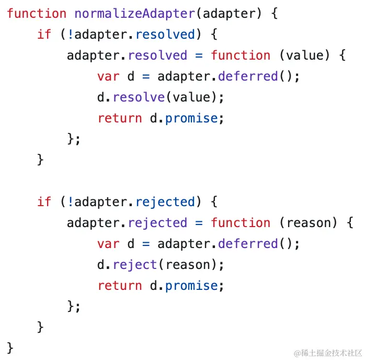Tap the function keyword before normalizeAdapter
(x=37, y=14)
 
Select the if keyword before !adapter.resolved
(x=44, y=35)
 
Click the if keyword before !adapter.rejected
(x=44, y=202)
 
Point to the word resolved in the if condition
(x=165, y=35)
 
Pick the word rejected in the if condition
(x=165, y=202)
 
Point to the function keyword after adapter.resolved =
(x=241, y=55)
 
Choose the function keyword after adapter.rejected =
(x=241, y=223)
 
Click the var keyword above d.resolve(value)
(x=108, y=76)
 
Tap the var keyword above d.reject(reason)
(x=108, y=244)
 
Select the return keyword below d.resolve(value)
(x=120, y=118)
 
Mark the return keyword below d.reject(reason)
(x=120, y=286)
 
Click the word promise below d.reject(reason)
(x=191, y=286)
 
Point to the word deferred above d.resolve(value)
(x=248, y=76)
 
